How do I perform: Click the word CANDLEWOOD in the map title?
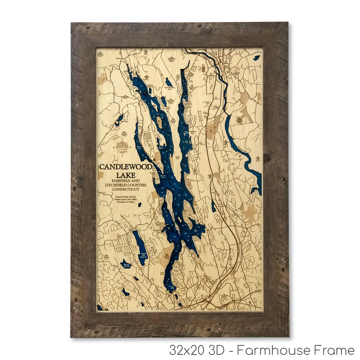pyautogui.click(x=126, y=167)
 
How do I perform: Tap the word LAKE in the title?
pyautogui.click(x=126, y=175)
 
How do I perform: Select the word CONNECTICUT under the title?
pyautogui.click(x=125, y=189)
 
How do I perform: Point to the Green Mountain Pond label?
pyautogui.click(x=171, y=88)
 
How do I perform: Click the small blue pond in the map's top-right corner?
pyautogui.click(x=256, y=58)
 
